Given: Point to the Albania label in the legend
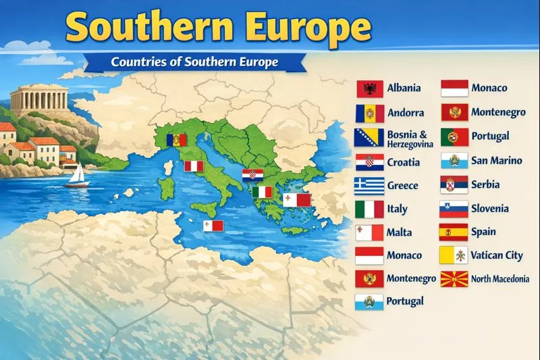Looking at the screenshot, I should (x=404, y=88).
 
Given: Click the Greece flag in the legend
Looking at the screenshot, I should (x=369, y=186).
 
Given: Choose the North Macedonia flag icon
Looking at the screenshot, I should (x=454, y=278).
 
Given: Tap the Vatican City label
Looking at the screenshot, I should (x=497, y=255).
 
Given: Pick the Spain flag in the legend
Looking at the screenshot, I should (x=454, y=232).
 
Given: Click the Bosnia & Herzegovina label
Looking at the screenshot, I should (x=407, y=139).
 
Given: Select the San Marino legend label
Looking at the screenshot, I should (x=497, y=161).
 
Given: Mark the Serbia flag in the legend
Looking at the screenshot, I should (x=454, y=184).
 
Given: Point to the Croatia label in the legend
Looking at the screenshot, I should (x=403, y=163).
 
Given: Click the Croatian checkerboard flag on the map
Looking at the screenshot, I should (x=254, y=175).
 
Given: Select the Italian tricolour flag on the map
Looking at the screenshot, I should (x=262, y=192).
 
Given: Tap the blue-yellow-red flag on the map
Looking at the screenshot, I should (x=175, y=140).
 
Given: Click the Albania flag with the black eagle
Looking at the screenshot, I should (x=369, y=89).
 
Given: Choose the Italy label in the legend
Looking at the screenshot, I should (x=398, y=209).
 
